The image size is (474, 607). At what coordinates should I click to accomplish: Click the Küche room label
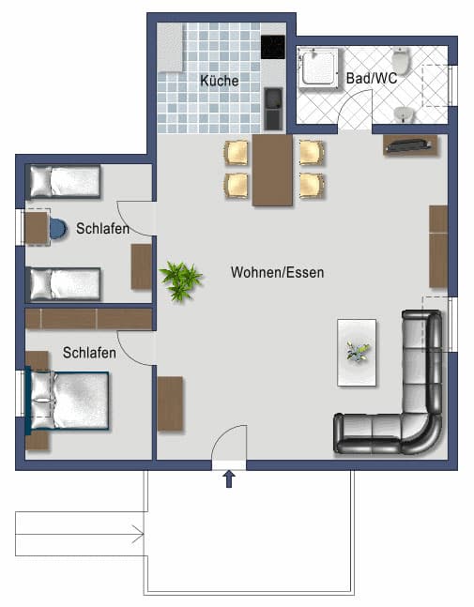pyautogui.click(x=220, y=81)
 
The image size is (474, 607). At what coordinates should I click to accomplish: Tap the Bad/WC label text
pyautogui.click(x=372, y=78)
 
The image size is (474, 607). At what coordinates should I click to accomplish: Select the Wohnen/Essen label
pyautogui.click(x=277, y=272)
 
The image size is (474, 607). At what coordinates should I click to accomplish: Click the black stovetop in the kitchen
pyautogui.click(x=273, y=47)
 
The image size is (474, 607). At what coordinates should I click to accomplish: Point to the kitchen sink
pyautogui.click(x=273, y=109)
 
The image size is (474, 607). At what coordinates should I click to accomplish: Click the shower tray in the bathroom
pyautogui.click(x=318, y=68)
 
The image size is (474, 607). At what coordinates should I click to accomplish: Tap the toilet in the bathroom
pyautogui.click(x=401, y=61)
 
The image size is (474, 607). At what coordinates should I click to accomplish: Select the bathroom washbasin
pyautogui.click(x=404, y=114)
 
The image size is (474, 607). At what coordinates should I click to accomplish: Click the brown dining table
pyautogui.click(x=272, y=170)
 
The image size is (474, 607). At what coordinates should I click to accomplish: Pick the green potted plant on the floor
pyautogui.click(x=181, y=281)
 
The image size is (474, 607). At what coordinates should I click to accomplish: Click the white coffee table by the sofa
pyautogui.click(x=357, y=352)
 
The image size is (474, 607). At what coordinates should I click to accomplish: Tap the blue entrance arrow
pyautogui.click(x=229, y=478)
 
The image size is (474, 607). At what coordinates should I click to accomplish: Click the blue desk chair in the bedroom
pyautogui.click(x=57, y=229)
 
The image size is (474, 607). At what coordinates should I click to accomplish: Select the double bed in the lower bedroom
pyautogui.click(x=67, y=401)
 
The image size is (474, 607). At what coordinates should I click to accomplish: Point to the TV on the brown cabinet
pyautogui.click(x=409, y=145)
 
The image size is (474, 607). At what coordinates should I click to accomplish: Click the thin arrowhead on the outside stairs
pyautogui.click(x=141, y=534)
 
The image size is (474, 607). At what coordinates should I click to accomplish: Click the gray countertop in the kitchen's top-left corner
pyautogui.click(x=170, y=48)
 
